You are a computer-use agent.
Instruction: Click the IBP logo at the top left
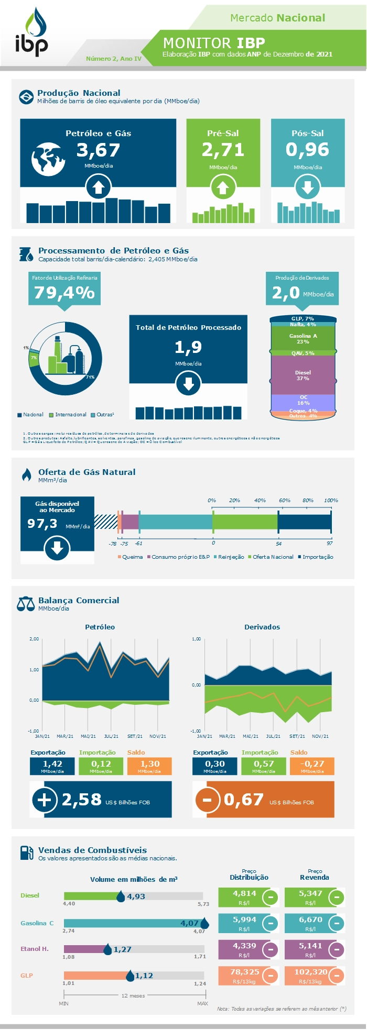(x=31, y=32)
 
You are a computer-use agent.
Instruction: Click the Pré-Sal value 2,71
(x=223, y=150)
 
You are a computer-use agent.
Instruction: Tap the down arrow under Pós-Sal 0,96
(x=307, y=187)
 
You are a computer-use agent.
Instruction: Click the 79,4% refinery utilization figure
(x=64, y=292)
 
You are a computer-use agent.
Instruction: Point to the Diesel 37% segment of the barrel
(x=303, y=375)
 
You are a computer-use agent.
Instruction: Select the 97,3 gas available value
(x=42, y=523)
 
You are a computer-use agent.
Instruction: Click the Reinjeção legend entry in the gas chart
(x=231, y=557)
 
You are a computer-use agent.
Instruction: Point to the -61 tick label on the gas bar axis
(x=138, y=544)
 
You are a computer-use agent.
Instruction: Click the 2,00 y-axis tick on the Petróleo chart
(x=34, y=639)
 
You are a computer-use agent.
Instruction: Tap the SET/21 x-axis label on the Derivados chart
(x=297, y=736)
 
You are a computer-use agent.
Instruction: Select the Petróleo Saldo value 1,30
(x=149, y=764)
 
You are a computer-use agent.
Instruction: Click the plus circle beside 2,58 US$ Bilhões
(x=45, y=800)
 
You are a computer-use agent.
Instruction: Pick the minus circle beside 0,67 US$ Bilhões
(x=207, y=800)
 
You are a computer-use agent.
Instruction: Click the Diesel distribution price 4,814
(x=244, y=893)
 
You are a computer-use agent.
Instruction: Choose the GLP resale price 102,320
(x=310, y=972)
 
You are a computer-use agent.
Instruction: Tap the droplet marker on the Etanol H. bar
(x=107, y=949)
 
